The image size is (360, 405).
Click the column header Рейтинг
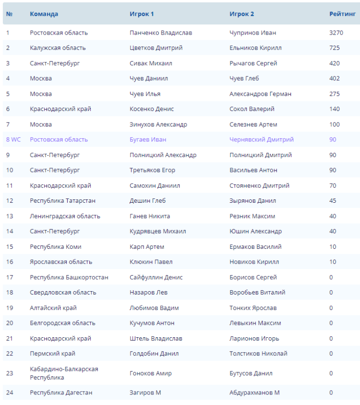[342, 14]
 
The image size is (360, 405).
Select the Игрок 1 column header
[142, 14]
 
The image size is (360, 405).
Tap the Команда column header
[44, 14]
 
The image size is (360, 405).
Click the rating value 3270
[336, 33]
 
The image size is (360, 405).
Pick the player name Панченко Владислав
[161, 33]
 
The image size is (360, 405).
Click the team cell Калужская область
[58, 48]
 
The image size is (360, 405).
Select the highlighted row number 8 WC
[13, 139]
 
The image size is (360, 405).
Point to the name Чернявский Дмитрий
[262, 139]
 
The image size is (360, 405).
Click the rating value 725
[335, 48]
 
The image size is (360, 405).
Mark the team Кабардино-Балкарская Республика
[64, 373]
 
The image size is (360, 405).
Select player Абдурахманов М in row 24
[254, 393]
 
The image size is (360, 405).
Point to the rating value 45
[333, 201]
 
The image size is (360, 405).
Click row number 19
[10, 308]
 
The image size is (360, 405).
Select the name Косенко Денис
[152, 109]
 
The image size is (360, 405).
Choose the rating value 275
[335, 94]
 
